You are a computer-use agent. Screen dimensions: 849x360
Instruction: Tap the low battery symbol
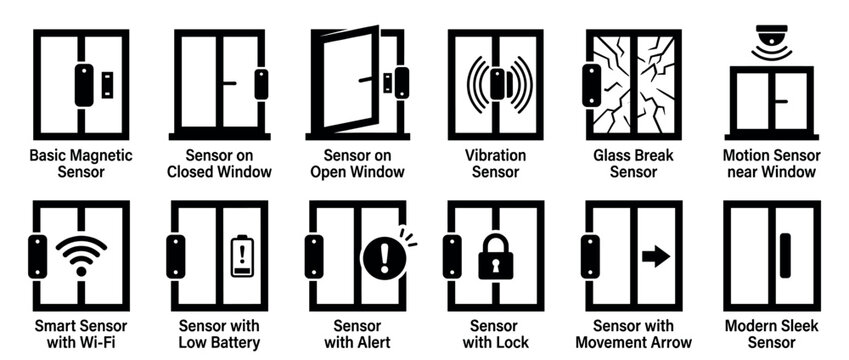pos(240,255)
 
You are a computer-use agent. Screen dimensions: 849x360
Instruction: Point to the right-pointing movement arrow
pos(654,257)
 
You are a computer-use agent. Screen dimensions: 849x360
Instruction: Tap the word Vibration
pos(496,156)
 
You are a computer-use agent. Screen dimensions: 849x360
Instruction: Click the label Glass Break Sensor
pos(633,164)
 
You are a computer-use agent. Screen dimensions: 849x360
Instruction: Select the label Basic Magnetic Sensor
pos(81,164)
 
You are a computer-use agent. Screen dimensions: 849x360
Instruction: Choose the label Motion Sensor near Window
pos(771,164)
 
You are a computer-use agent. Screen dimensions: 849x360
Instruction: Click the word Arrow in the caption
pos(659,343)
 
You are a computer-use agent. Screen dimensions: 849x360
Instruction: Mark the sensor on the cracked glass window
pos(592,85)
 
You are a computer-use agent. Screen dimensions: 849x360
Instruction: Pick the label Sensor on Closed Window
pos(219,164)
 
